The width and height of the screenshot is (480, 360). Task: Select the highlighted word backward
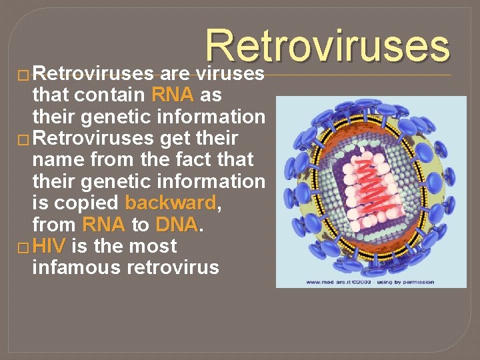pyautogui.click(x=171, y=203)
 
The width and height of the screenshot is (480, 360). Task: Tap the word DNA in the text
pyautogui.click(x=177, y=225)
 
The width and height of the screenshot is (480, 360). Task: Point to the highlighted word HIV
pyautogui.click(x=48, y=246)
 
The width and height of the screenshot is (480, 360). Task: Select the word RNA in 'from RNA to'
pyautogui.click(x=103, y=225)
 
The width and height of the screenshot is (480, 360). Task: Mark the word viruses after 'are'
pyautogui.click(x=230, y=73)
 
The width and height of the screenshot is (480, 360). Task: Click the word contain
pyautogui.click(x=111, y=95)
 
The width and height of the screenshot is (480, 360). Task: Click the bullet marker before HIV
pyautogui.click(x=24, y=247)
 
